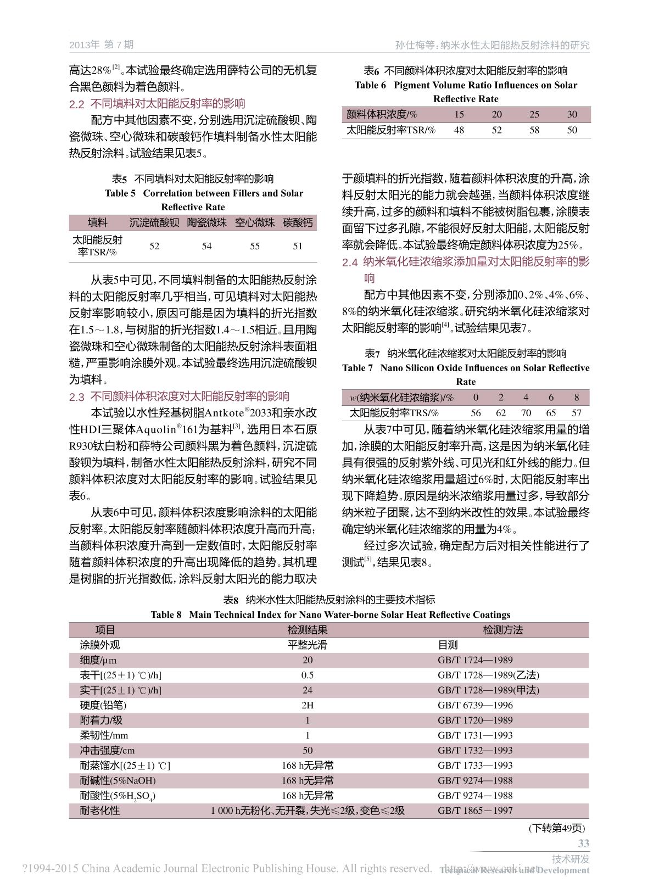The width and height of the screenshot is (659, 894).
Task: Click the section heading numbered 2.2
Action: [157, 104]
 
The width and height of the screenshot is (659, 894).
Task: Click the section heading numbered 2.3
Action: [179, 396]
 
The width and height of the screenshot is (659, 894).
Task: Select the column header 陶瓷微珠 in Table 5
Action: [206, 222]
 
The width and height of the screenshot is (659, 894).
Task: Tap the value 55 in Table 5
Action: [255, 246]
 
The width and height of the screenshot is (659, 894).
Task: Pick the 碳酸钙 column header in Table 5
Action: [298, 222]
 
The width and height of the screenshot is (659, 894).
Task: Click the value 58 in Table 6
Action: [534, 130]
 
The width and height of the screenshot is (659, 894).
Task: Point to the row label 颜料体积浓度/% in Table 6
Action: [382, 114]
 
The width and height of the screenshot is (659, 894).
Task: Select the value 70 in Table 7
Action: [526, 413]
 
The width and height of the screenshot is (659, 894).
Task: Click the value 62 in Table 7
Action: [501, 413]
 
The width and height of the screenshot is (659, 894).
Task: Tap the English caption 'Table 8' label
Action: [166, 614]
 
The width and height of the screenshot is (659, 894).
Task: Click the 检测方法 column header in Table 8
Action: [502, 630]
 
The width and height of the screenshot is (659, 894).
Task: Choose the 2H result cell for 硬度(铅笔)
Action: [308, 705]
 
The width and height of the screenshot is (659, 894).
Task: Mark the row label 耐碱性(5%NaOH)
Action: [118, 780]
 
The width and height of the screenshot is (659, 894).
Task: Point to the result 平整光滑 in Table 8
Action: [308, 645]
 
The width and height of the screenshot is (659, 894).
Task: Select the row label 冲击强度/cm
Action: [107, 750]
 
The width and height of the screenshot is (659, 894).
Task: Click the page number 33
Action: [583, 843]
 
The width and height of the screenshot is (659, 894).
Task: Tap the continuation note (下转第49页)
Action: [557, 828]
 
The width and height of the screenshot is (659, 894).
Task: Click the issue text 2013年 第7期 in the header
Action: [102, 44]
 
